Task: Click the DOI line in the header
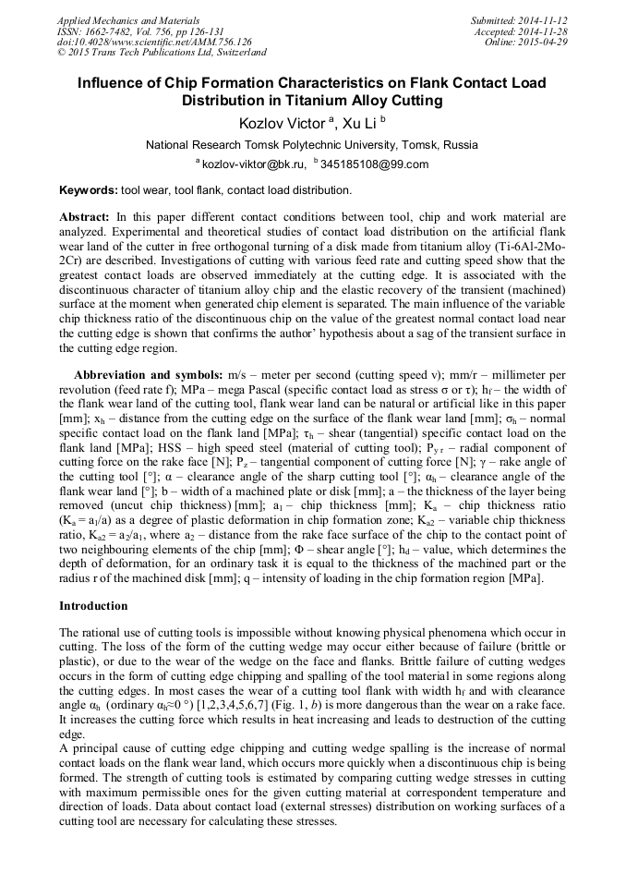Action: coord(154,42)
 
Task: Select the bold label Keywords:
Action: coord(89,190)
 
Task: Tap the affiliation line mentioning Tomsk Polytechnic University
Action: coord(312,145)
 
